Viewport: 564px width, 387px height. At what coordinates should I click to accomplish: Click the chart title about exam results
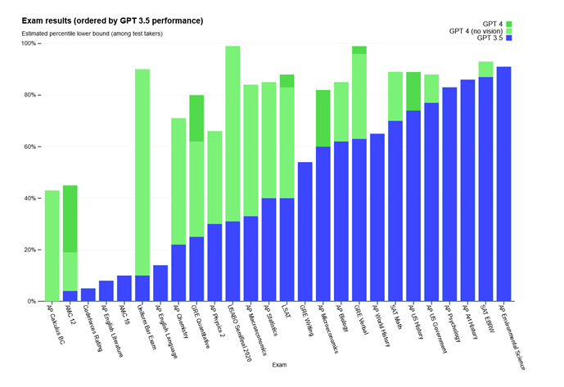tap(112, 20)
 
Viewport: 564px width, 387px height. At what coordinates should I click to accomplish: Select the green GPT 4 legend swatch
tap(509, 23)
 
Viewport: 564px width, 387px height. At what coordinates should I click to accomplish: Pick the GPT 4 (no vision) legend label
tap(476, 31)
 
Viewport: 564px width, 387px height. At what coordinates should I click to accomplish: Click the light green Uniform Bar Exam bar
tap(142, 172)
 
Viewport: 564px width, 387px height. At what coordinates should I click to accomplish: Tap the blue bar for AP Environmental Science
tap(503, 184)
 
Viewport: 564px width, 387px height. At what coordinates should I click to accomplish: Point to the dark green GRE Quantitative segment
tap(196, 118)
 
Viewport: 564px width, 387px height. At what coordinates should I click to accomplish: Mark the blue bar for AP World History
tap(377, 217)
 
